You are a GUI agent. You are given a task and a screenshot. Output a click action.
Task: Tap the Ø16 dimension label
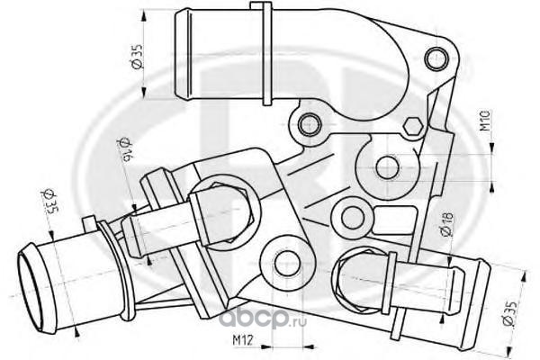pos(126,151)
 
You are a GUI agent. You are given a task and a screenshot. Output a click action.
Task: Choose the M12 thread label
pos(239,341)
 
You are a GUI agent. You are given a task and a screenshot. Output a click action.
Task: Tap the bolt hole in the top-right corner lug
pos(442,56)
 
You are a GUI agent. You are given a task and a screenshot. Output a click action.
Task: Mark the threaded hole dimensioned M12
pos(284,262)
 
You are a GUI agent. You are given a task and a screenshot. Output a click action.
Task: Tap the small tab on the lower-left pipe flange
pos(88,221)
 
